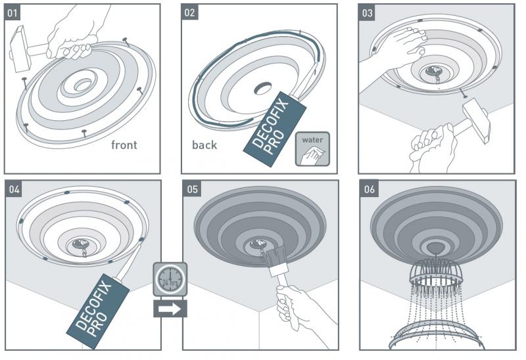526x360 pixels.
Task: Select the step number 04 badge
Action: [15, 189]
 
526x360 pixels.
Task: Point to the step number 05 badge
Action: [191, 189]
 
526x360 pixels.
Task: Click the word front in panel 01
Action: [124, 145]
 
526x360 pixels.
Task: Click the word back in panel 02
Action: [204, 145]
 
